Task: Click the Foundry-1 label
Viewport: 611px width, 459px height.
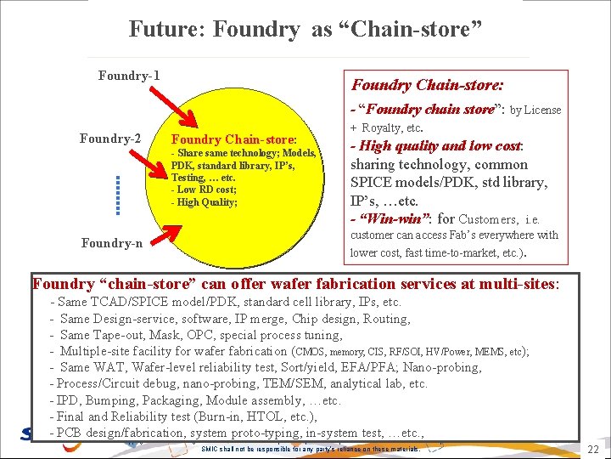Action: [x=129, y=76]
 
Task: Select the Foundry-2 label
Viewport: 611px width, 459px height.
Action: [x=110, y=139]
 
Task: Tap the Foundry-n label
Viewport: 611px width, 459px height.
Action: [x=112, y=243]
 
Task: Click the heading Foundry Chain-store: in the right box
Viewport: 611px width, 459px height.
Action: [x=428, y=85]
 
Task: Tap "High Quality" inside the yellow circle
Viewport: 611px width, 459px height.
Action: [x=206, y=202]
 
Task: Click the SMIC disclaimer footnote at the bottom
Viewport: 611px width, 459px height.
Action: [x=310, y=449]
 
